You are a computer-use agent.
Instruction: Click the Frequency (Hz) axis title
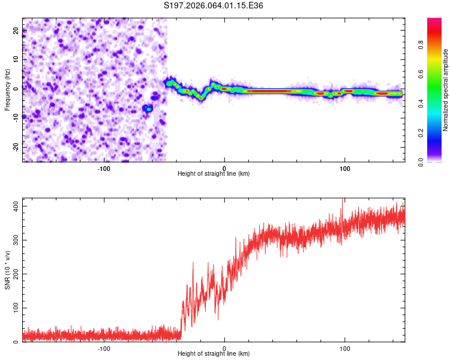click(x=7, y=90)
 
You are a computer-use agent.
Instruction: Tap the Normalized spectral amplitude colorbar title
click(x=446, y=90)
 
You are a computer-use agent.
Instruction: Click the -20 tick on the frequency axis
click(x=15, y=146)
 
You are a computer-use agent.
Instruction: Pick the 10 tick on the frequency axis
click(x=16, y=60)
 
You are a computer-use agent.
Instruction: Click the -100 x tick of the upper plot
click(x=104, y=168)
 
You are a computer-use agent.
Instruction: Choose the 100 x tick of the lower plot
click(x=345, y=348)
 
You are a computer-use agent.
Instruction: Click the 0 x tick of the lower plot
click(x=224, y=348)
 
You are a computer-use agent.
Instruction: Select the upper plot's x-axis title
click(x=214, y=173)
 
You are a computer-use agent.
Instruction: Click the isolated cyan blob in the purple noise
click(x=148, y=109)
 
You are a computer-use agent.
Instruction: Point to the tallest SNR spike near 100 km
click(x=342, y=200)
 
